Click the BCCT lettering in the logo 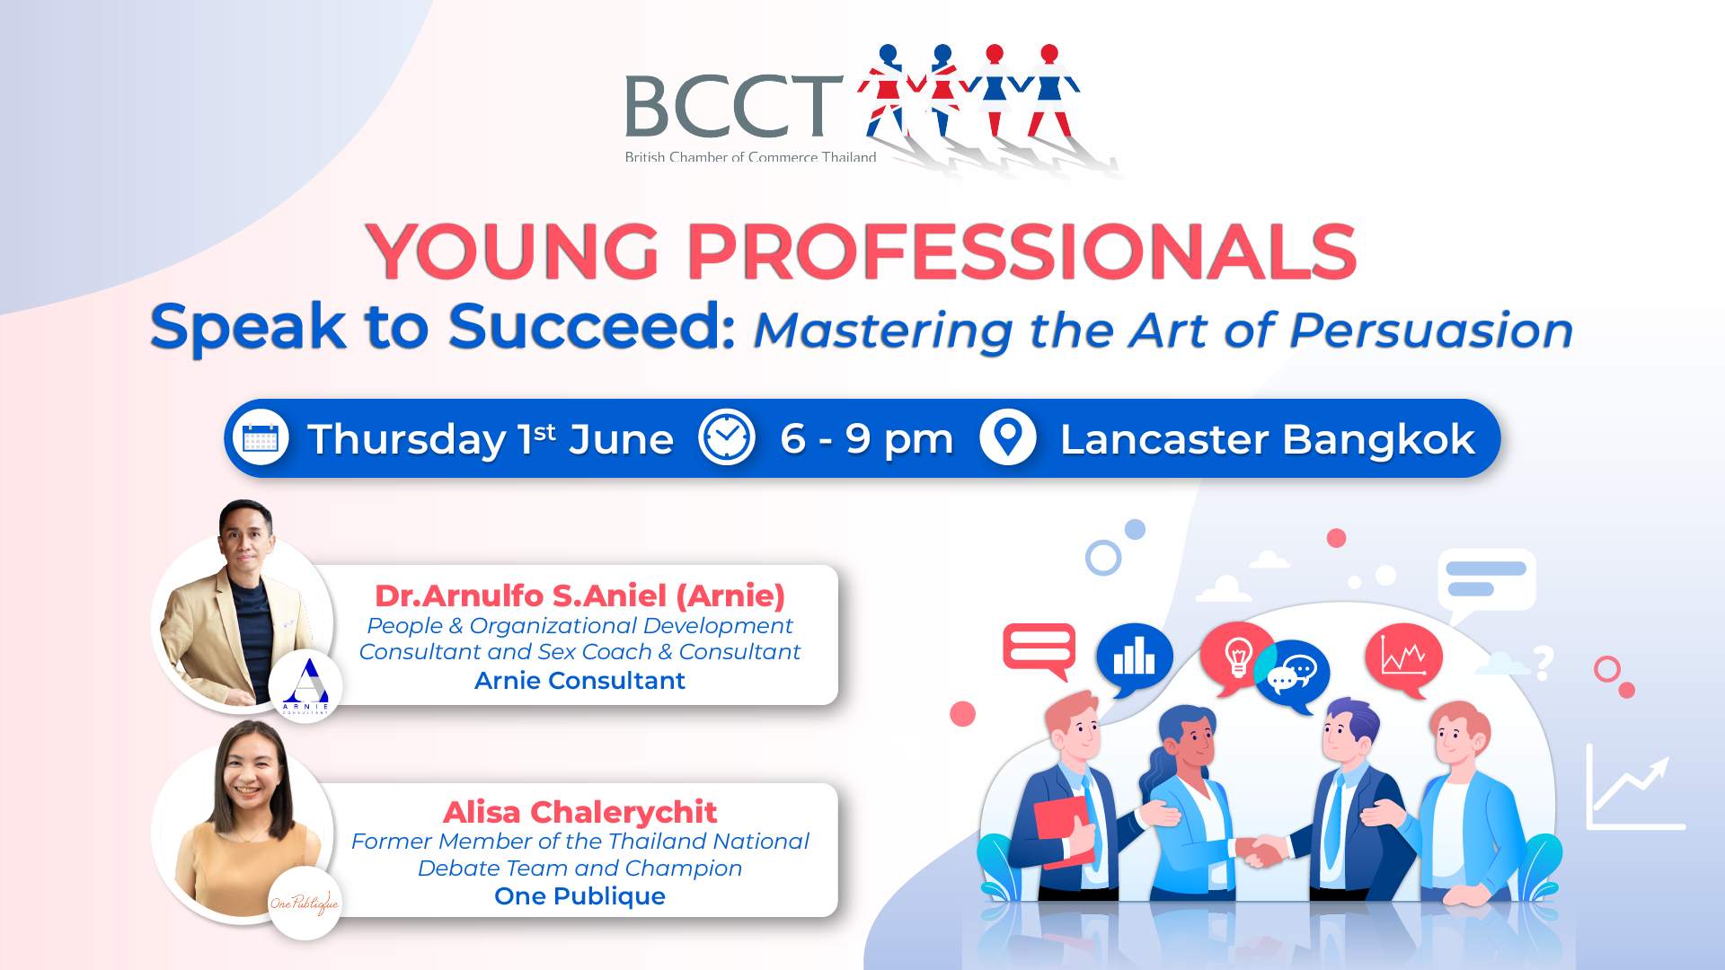(x=733, y=106)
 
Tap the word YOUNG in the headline (x=513, y=251)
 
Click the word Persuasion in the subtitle (x=1431, y=331)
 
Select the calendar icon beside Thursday (x=261, y=438)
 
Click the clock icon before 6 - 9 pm (x=727, y=438)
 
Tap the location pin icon (x=1008, y=438)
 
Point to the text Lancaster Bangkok (x=1268, y=440)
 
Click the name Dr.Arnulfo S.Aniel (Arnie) (x=579, y=595)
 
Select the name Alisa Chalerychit (x=579, y=812)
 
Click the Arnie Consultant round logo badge (x=305, y=686)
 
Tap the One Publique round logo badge (x=305, y=903)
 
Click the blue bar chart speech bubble (x=1134, y=659)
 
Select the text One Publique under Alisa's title (x=579, y=896)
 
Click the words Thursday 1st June (x=491, y=440)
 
